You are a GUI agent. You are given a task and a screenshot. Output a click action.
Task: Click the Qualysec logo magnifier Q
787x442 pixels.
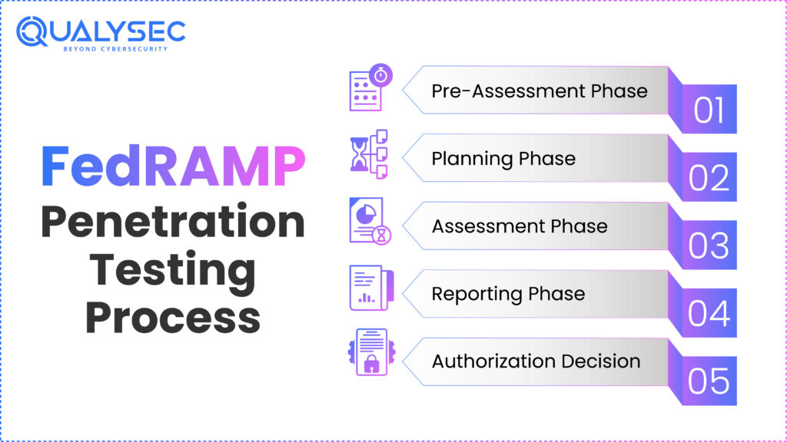[32, 31]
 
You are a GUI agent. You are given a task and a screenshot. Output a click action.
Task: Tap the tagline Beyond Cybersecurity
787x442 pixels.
[115, 49]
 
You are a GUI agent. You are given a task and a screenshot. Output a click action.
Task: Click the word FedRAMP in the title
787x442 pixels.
[173, 166]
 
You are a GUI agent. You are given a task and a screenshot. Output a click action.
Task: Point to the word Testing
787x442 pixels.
[173, 271]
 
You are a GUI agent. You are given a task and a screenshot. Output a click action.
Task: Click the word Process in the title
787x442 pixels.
[173, 318]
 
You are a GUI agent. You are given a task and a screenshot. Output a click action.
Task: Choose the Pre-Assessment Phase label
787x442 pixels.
[540, 91]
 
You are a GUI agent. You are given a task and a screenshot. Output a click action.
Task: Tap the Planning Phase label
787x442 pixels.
[503, 158]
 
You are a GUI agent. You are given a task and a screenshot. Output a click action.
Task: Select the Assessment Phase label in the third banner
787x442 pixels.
[520, 226]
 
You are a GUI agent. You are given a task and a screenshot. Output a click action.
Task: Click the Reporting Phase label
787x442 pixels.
[508, 294]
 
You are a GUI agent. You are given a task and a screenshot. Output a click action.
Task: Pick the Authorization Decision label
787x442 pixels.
[536, 361]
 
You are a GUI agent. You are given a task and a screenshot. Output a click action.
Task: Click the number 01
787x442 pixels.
[709, 110]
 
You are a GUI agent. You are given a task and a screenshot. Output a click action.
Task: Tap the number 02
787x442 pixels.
[709, 178]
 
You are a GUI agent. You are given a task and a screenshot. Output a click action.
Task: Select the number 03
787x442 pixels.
[709, 246]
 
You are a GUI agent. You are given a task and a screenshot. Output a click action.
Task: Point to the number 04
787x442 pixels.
[709, 314]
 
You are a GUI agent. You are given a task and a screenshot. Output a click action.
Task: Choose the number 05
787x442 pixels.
[709, 381]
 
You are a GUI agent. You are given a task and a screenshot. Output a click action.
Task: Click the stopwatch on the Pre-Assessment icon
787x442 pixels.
[381, 75]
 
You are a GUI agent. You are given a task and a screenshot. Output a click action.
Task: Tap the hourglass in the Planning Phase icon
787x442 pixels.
[359, 154]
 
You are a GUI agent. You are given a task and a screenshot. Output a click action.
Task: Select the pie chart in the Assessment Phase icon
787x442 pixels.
[366, 215]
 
